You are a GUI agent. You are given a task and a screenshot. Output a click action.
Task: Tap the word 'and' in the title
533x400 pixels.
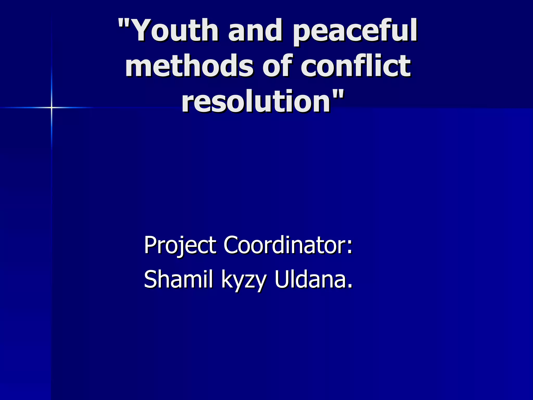pyautogui.click(x=255, y=30)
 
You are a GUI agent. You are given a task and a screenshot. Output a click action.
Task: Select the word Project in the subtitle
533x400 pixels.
pyautogui.click(x=180, y=246)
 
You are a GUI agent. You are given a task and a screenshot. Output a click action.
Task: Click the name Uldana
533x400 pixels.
pyautogui.click(x=310, y=279)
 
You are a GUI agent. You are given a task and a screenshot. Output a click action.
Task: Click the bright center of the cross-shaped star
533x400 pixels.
pyautogui.click(x=52, y=107)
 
